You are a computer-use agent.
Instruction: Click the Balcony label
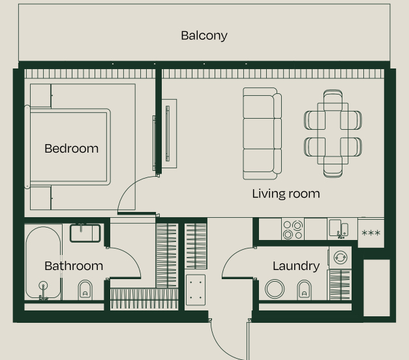(x=204, y=35)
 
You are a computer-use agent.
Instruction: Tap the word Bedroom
(x=71, y=149)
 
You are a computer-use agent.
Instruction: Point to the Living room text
(x=286, y=194)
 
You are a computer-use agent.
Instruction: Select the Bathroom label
(x=74, y=265)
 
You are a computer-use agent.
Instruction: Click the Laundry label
(x=295, y=265)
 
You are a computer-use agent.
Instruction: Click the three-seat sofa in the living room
(x=262, y=133)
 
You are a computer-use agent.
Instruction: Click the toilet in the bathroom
(x=85, y=289)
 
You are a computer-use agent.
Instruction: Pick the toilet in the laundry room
(x=304, y=288)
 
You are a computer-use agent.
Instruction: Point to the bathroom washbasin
(x=85, y=233)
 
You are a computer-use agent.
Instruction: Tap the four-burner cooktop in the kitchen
(x=292, y=228)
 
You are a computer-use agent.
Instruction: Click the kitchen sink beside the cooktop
(x=339, y=228)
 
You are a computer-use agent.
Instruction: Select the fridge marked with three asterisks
(x=371, y=233)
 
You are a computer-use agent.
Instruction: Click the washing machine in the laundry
(x=340, y=257)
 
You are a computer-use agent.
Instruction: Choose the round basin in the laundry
(x=276, y=289)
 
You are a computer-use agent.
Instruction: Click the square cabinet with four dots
(x=196, y=289)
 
